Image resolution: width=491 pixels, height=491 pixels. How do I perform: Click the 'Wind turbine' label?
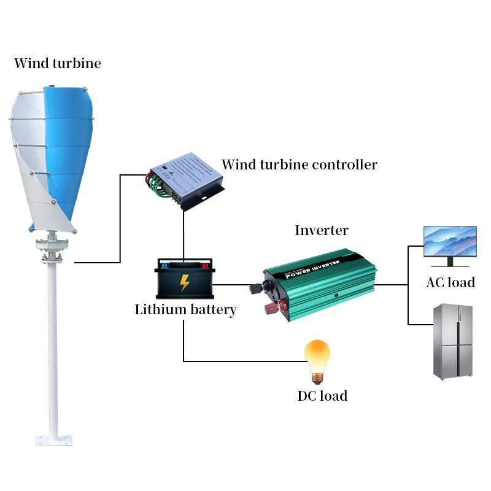[x=57, y=63]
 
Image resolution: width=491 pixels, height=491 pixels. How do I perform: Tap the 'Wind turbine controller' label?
[x=300, y=164]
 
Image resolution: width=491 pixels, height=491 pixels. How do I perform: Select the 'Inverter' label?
[x=321, y=231]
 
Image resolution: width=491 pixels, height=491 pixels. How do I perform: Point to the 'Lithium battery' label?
[x=185, y=309]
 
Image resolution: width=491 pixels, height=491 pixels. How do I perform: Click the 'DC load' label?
[x=322, y=396]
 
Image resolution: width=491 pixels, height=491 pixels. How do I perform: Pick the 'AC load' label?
[x=450, y=282]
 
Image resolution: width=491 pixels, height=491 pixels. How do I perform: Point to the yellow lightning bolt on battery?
[x=184, y=283]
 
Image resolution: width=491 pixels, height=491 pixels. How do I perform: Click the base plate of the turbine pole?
[x=53, y=439]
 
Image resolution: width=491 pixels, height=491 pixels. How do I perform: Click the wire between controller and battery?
[x=184, y=236]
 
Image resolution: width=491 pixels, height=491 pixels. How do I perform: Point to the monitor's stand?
[x=450, y=262]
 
